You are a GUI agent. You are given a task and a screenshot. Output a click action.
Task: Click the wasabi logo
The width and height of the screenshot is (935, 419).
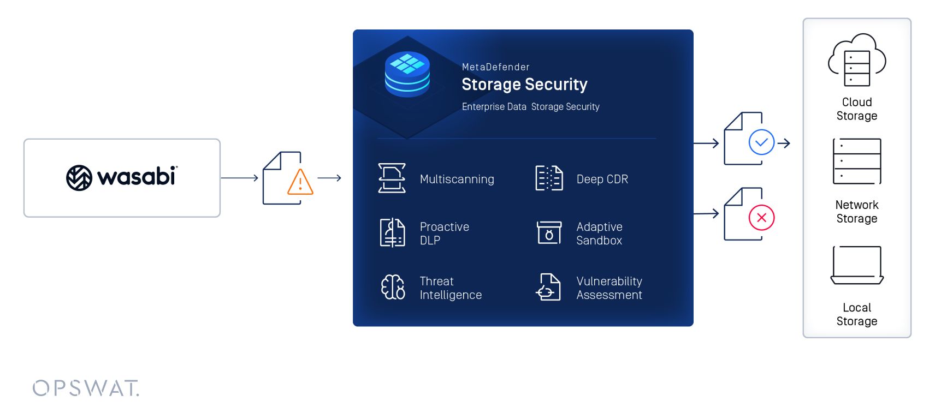(x=121, y=177)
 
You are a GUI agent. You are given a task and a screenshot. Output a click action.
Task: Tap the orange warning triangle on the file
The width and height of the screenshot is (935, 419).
(x=300, y=183)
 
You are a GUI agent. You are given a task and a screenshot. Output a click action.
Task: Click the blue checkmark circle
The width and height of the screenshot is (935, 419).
(x=761, y=142)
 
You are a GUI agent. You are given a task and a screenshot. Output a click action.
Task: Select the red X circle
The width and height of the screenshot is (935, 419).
(x=761, y=218)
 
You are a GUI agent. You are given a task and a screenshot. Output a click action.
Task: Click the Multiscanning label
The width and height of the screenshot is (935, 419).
(x=457, y=179)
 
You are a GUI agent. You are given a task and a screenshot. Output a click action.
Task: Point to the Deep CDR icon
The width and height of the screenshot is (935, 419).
(x=549, y=178)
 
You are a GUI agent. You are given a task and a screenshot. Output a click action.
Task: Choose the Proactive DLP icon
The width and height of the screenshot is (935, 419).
(x=392, y=232)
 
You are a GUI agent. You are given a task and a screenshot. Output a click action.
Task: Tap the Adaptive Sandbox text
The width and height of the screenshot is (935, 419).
(x=599, y=234)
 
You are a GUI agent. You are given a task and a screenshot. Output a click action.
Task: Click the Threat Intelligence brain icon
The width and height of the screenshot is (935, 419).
(x=393, y=287)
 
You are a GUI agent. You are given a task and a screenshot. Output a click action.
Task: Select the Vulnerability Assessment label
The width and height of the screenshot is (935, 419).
(x=609, y=288)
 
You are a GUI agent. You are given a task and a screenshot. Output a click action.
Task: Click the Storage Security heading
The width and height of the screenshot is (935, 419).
(x=524, y=85)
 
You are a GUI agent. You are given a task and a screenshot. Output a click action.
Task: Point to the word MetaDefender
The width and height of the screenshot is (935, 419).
(x=495, y=67)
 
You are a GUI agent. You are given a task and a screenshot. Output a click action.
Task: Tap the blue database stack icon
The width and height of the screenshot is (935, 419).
(x=407, y=74)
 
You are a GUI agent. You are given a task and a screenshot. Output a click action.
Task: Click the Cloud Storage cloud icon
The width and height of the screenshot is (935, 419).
(x=856, y=61)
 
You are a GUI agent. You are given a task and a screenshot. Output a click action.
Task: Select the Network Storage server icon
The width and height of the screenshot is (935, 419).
(x=856, y=161)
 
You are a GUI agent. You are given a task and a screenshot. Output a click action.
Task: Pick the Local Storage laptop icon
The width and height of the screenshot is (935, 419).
(x=856, y=265)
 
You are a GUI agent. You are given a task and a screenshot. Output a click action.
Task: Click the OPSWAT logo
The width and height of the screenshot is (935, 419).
(x=86, y=388)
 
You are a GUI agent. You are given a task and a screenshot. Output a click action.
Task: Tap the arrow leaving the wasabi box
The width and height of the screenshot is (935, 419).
(x=239, y=178)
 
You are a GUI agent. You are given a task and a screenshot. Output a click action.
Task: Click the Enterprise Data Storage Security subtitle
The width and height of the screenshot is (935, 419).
(x=530, y=107)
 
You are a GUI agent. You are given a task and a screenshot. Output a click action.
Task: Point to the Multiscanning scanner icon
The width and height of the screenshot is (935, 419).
(x=392, y=178)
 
